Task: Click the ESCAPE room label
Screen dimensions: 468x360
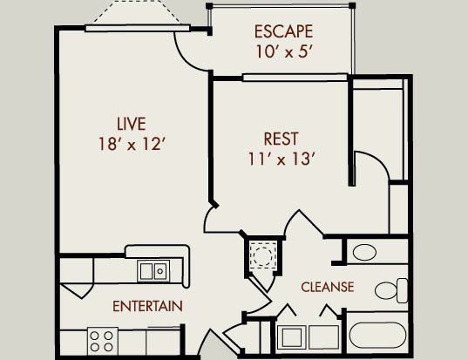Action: click(283, 31)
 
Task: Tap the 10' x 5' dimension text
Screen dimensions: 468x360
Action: click(284, 51)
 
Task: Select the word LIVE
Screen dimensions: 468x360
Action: click(132, 124)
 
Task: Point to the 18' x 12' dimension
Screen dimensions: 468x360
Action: click(132, 144)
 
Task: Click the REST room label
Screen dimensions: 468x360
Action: click(281, 139)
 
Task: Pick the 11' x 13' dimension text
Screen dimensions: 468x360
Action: click(281, 159)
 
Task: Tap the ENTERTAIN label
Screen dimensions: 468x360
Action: click(147, 306)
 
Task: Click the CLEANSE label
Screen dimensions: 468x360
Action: click(328, 287)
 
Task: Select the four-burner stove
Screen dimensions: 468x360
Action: click(102, 341)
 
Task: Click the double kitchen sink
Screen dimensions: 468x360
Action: click(153, 271)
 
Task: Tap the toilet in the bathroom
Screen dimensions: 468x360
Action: click(391, 290)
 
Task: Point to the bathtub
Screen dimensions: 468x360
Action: click(377, 335)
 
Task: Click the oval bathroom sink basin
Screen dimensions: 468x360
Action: click(364, 253)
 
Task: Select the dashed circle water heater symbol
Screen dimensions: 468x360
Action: click(262, 255)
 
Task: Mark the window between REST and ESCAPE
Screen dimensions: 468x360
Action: click(295, 78)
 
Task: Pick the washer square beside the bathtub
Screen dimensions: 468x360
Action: click(291, 337)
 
